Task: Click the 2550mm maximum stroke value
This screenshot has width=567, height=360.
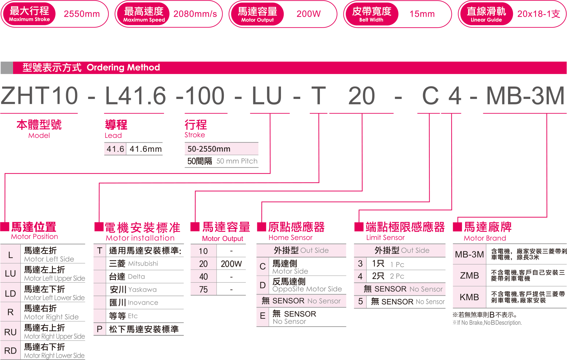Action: [82, 14]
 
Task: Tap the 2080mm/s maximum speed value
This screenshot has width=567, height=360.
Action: [195, 14]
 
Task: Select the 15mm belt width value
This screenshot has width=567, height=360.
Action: [422, 14]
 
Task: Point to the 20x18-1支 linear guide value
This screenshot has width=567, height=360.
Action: [538, 14]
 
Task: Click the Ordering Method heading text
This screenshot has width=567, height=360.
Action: [123, 67]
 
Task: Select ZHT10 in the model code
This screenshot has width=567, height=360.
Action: [39, 96]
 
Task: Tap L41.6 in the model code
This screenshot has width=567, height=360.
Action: [135, 96]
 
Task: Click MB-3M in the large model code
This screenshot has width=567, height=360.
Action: [525, 96]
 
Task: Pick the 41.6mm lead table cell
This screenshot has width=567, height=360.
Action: [145, 149]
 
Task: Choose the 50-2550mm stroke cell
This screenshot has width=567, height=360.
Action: [209, 149]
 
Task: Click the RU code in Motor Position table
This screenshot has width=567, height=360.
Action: [10, 332]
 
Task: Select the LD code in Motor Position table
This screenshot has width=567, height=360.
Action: [10, 294]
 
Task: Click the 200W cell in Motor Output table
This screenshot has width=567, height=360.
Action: [231, 264]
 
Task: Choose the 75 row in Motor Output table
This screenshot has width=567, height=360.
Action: [203, 290]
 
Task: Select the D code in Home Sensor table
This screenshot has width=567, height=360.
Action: [263, 285]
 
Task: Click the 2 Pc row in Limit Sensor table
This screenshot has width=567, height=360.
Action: [388, 276]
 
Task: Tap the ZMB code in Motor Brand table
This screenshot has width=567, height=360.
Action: [469, 276]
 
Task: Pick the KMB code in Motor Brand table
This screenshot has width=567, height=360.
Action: [469, 297]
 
